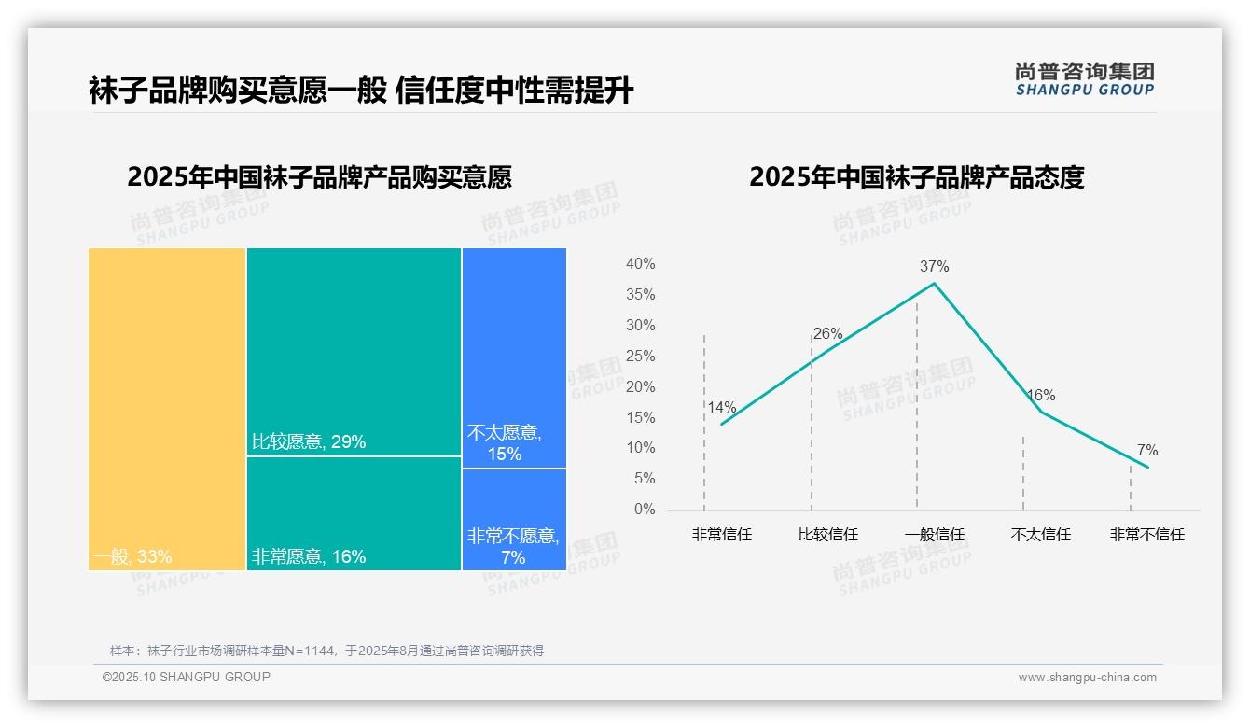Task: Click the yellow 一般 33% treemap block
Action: tap(167, 408)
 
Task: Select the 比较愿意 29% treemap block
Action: tap(354, 351)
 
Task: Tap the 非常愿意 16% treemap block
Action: tap(354, 512)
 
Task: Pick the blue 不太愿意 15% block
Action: tap(514, 357)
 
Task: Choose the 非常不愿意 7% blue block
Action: tap(514, 519)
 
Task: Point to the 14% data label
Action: tap(721, 407)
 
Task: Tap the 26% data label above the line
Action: tap(827, 333)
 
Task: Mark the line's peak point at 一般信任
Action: tap(934, 283)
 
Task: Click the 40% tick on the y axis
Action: tap(640, 264)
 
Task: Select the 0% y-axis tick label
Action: tap(645, 510)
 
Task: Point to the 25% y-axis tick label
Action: tap(640, 357)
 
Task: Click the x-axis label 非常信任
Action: tap(721, 535)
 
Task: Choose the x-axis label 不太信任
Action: tap(1040, 535)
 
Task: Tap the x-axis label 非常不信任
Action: tap(1146, 535)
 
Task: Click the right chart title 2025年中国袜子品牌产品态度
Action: tap(916, 177)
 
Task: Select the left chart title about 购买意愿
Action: tap(319, 177)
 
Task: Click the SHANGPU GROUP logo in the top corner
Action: tap(1084, 79)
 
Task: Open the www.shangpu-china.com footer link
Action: tap(1087, 678)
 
